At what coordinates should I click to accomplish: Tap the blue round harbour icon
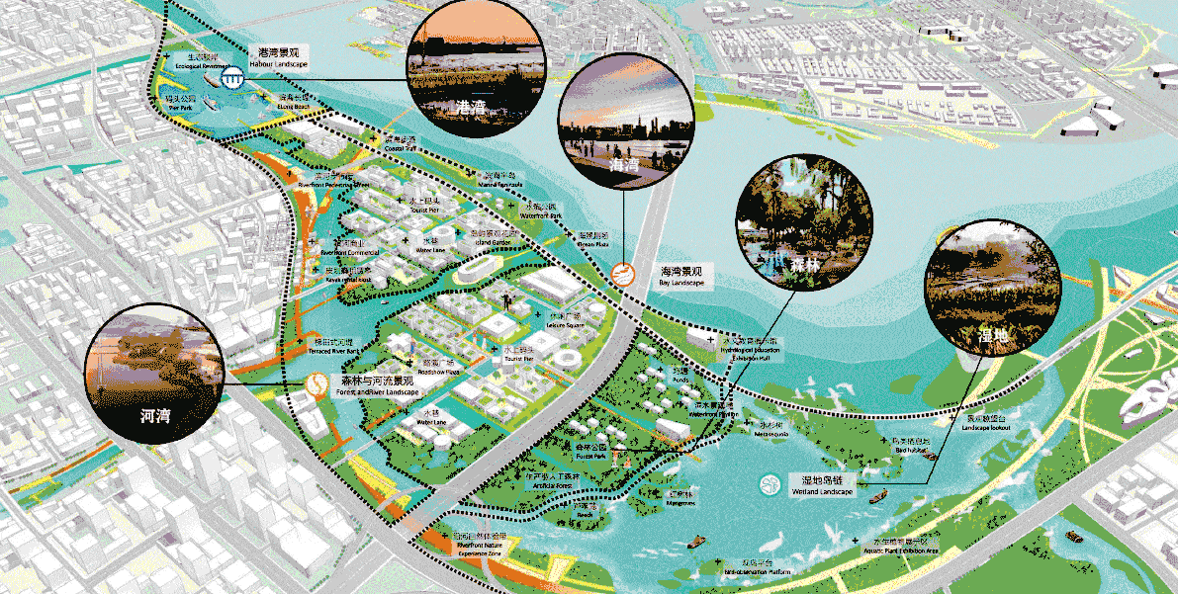(x=232, y=79)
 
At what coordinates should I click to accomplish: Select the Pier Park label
(x=180, y=104)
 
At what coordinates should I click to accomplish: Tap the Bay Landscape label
(x=681, y=277)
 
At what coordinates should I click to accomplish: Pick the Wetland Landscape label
(x=820, y=486)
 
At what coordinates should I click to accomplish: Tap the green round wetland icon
(x=769, y=485)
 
